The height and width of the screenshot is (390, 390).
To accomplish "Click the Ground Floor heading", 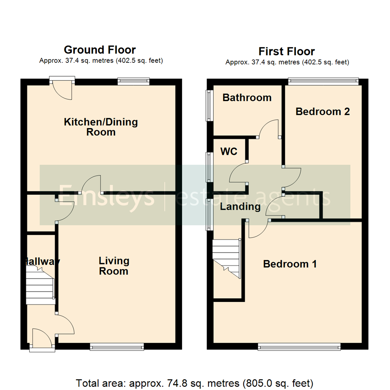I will pos(100,49).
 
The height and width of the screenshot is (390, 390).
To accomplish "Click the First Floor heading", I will pos(287,51).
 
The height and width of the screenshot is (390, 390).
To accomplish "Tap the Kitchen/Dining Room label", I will pos(101,127).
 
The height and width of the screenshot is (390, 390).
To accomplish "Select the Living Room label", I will pos(114,266).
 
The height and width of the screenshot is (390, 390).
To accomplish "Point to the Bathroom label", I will pos(247,97).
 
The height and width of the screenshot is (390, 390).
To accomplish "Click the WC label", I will pos(229,152).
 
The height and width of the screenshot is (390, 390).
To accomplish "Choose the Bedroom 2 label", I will pos(322,112).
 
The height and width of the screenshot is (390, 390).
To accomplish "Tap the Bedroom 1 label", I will pos(290,264).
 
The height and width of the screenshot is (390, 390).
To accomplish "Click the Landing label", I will pos(240,207).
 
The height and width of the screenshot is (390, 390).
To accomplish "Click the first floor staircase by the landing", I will pos(227,259).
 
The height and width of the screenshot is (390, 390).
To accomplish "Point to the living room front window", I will pos(117,347).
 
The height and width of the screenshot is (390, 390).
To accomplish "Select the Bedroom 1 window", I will pos(299,347).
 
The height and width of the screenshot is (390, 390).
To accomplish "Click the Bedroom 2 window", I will pos(323,82).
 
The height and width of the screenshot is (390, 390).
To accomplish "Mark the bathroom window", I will pos(209,105).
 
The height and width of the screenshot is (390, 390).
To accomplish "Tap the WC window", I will pos(209,167).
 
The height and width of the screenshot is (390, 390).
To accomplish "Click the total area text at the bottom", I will pos(195,382).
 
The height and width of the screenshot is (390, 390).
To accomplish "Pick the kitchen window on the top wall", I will pos(133,82).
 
